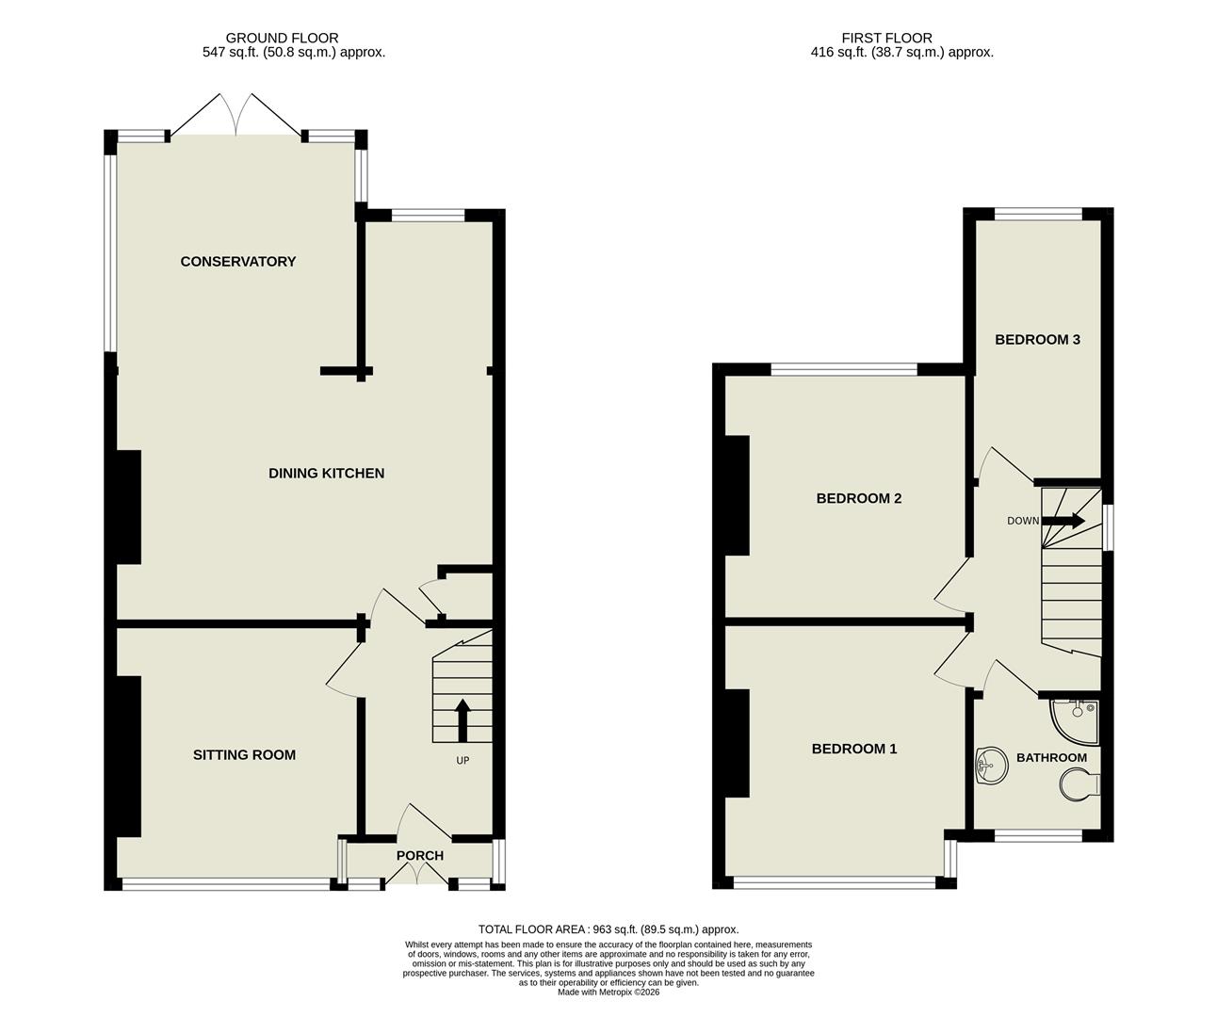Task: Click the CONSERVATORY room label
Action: click(238, 262)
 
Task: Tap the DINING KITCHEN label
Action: click(327, 474)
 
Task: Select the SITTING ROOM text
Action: click(244, 755)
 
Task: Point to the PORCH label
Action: click(420, 856)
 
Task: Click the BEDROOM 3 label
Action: click(1037, 340)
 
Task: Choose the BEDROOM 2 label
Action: click(859, 498)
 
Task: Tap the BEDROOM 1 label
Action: click(854, 750)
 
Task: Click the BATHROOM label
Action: click(1051, 758)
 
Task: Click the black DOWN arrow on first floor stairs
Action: click(1063, 521)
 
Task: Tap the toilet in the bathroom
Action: click(1079, 784)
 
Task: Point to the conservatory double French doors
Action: click(236, 116)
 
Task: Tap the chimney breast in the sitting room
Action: click(129, 756)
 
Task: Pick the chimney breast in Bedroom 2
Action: click(737, 495)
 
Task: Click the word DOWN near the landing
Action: click(1023, 521)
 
